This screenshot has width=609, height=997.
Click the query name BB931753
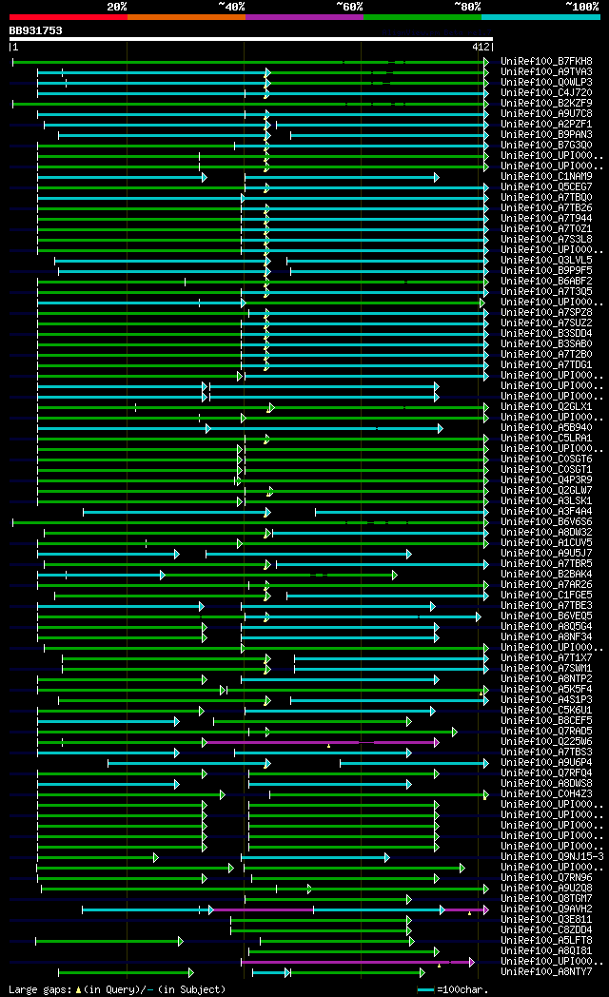(x=36, y=30)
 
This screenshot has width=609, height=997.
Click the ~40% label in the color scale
(x=231, y=7)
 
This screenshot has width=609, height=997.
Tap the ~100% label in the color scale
(x=581, y=7)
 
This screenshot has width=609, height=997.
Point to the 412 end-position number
(x=481, y=47)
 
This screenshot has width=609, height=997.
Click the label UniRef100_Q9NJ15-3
(x=551, y=856)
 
